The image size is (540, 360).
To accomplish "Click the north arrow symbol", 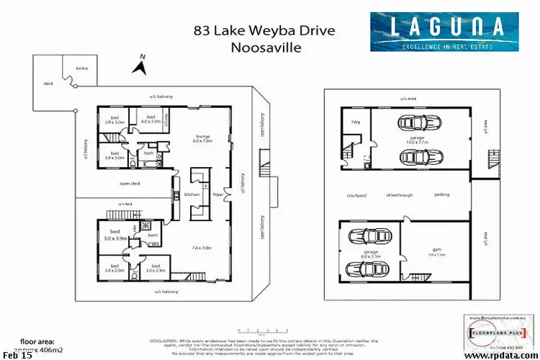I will (140, 66).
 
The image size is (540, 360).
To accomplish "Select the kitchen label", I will (191, 194).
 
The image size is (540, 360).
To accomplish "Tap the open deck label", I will (129, 183).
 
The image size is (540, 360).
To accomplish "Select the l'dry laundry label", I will (354, 123).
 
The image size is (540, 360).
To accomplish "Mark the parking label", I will (441, 195).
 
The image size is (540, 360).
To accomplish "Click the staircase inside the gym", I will (411, 276).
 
